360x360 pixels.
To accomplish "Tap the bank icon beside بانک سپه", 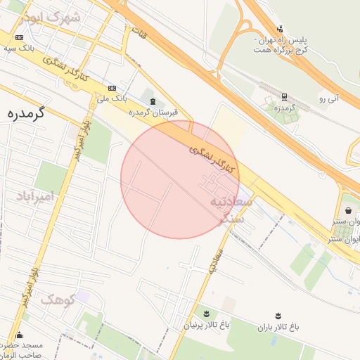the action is (19, 37).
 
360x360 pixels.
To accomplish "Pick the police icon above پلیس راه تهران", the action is (281, 29).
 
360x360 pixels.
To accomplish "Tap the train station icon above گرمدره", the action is (284, 97).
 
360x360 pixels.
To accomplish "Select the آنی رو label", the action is (328, 98).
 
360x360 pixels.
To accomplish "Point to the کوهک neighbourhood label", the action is (58, 300).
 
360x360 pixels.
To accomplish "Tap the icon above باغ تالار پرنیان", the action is (206, 314).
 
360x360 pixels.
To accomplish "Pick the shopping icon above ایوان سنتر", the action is (349, 210).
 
